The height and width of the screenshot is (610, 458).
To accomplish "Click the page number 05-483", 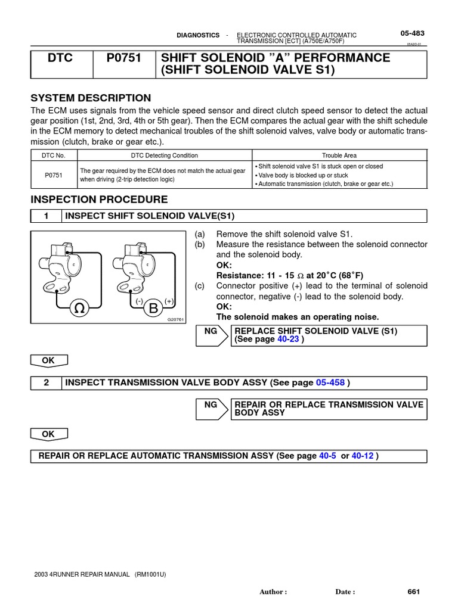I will click(x=412, y=34).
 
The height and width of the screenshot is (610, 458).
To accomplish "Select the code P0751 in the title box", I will click(x=124, y=58).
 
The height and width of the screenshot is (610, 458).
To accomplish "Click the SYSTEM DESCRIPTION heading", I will click(x=91, y=98).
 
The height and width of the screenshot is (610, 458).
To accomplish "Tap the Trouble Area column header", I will click(x=339, y=155).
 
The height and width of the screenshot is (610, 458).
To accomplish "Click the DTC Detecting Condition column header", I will click(x=164, y=155).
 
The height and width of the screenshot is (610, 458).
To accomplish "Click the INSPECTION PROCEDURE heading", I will click(x=99, y=200).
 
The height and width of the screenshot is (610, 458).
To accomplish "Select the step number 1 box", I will click(x=47, y=216).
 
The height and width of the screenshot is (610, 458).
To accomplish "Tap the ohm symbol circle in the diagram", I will click(x=79, y=309).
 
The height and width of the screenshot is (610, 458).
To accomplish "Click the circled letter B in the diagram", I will click(x=154, y=309).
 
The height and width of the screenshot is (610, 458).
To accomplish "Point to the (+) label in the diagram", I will click(x=169, y=301).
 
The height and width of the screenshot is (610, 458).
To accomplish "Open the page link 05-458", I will click(x=330, y=382).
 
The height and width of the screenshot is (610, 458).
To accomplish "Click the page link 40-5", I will click(x=328, y=456).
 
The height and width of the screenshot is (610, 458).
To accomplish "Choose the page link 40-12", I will click(x=363, y=456).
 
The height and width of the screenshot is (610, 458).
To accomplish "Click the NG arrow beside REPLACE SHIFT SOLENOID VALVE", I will click(x=212, y=335).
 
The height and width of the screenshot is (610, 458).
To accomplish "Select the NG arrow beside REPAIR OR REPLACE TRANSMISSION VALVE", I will click(x=212, y=409).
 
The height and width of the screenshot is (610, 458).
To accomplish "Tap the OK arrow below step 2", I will click(x=49, y=434).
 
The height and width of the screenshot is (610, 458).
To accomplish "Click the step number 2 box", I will click(x=47, y=382).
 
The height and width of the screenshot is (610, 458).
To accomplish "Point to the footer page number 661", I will click(x=414, y=592).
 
